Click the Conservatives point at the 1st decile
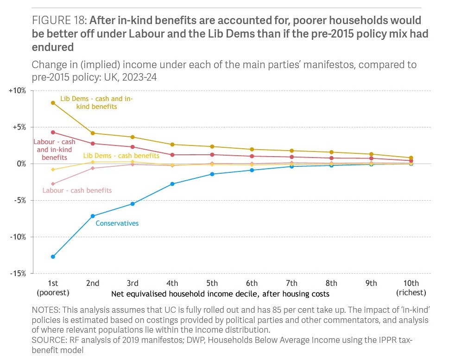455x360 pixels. [x=53, y=256]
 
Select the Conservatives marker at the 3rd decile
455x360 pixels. [x=133, y=204]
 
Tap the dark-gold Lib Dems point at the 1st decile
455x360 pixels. [x=53, y=103]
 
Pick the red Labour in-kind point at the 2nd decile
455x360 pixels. [x=93, y=144]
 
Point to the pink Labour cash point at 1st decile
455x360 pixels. [x=53, y=184]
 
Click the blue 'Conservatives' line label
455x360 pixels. [x=117, y=223]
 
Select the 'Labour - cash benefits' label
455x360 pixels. [x=77, y=190]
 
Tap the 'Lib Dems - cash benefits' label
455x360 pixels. [x=121, y=156]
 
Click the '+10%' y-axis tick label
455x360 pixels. [x=17, y=90]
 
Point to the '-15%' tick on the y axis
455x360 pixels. [x=18, y=273]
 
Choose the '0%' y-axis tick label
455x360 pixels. [x=20, y=164]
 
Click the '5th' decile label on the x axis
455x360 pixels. [x=212, y=284]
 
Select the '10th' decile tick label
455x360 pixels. [x=411, y=284]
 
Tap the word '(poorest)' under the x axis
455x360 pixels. [x=53, y=293]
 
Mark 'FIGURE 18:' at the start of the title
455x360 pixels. [x=59, y=20]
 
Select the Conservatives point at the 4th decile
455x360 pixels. [x=172, y=184]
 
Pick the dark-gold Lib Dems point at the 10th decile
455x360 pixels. [x=411, y=158]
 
